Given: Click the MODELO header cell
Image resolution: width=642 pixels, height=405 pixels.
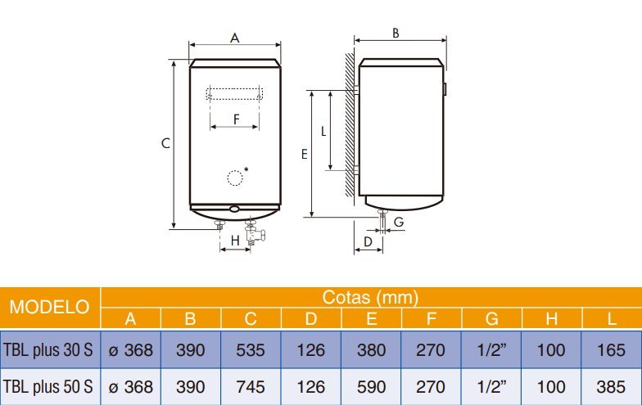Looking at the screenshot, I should tap(49, 308).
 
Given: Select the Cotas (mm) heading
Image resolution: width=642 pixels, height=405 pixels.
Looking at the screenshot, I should tap(370, 297).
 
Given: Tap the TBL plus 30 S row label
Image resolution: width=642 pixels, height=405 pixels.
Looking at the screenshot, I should tap(48, 350).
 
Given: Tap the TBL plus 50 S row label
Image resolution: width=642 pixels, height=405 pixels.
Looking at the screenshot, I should tap(48, 385).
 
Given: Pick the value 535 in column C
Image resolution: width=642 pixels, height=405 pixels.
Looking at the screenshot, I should tap(251, 350).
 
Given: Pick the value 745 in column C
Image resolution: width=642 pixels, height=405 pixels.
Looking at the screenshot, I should tap(251, 385).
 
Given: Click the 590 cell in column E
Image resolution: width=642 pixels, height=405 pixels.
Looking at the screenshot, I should tap(371, 385).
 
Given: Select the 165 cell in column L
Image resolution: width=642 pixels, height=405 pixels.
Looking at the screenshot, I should tap(611, 350).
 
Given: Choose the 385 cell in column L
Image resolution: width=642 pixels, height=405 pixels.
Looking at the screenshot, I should tap(611, 385).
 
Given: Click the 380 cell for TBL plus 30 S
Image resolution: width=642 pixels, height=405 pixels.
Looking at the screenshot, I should tap(371, 350).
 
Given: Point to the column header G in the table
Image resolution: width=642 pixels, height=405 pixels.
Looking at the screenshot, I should tap(491, 318).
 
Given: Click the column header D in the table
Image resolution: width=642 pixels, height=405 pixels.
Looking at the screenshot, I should tap(311, 318).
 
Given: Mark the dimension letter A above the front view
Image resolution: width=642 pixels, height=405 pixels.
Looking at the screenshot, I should tap(234, 38).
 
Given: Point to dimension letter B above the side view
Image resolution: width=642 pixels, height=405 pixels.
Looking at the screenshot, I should tap(396, 34).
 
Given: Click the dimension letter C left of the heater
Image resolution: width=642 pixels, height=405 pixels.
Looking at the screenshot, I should tap(165, 143).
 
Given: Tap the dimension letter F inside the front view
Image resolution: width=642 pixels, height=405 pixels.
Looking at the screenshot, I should tap(236, 119).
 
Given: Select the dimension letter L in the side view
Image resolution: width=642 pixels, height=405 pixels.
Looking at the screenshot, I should tap(323, 130).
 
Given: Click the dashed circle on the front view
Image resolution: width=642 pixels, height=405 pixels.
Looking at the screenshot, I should tap(235, 178).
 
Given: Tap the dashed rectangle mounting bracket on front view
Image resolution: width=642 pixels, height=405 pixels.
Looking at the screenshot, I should tap(234, 93).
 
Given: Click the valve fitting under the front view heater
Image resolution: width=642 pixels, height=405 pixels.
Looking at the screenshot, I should tap(254, 236).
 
